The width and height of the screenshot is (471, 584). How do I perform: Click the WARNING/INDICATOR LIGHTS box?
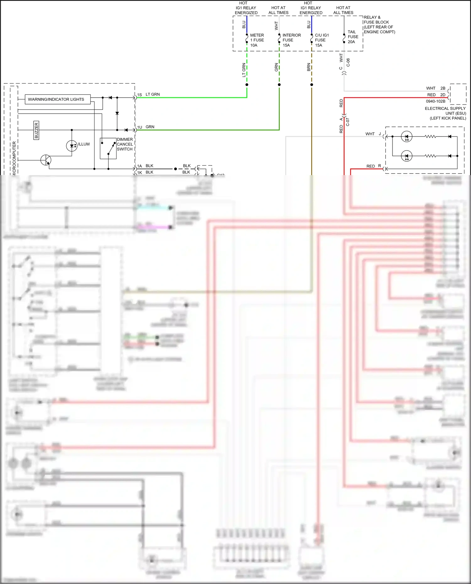(56, 99)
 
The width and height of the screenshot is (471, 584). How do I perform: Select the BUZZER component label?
(36, 130)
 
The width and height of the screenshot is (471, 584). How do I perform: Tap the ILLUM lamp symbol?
(72, 146)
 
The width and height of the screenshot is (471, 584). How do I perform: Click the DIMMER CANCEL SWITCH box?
(108, 148)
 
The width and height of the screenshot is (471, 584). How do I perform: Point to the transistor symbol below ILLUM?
(46, 160)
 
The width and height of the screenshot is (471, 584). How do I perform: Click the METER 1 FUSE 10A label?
(257, 40)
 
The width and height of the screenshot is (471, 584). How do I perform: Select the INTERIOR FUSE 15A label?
(291, 40)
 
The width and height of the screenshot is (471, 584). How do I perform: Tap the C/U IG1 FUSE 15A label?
(322, 40)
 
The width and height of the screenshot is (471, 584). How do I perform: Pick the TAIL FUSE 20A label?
(353, 37)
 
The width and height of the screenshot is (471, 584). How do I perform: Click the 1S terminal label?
(139, 95)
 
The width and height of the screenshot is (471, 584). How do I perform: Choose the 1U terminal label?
(139, 127)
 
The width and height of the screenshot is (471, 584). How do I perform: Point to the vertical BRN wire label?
(309, 67)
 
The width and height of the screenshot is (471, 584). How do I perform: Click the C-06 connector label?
(348, 62)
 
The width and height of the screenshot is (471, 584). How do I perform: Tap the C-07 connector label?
(348, 122)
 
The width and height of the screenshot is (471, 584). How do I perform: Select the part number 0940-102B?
(435, 101)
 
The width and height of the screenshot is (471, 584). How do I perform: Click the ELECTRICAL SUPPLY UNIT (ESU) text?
(445, 113)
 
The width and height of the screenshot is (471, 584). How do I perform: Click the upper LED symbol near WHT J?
(407, 137)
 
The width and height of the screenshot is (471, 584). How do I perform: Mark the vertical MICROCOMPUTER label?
(14, 158)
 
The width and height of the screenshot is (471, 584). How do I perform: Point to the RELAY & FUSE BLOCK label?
(379, 24)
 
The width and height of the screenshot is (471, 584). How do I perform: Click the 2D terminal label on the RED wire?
(443, 95)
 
